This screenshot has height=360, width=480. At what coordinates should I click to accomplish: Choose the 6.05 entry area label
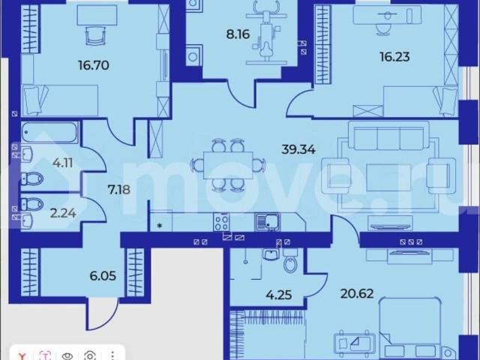click(x=82, y=274)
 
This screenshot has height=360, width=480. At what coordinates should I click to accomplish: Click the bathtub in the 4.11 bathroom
click(x=48, y=133)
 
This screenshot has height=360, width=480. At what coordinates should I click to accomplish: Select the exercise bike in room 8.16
click(x=264, y=34)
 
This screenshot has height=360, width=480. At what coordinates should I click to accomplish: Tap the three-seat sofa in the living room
click(x=389, y=139)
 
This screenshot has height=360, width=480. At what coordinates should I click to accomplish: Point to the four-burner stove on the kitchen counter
click(x=222, y=221)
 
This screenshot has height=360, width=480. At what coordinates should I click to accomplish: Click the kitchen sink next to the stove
click(x=265, y=220)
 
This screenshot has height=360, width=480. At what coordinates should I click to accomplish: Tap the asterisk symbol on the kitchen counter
click(x=160, y=224)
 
